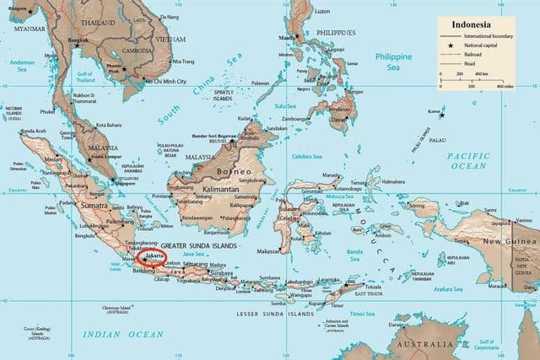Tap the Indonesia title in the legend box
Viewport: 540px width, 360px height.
(x=474, y=24)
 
